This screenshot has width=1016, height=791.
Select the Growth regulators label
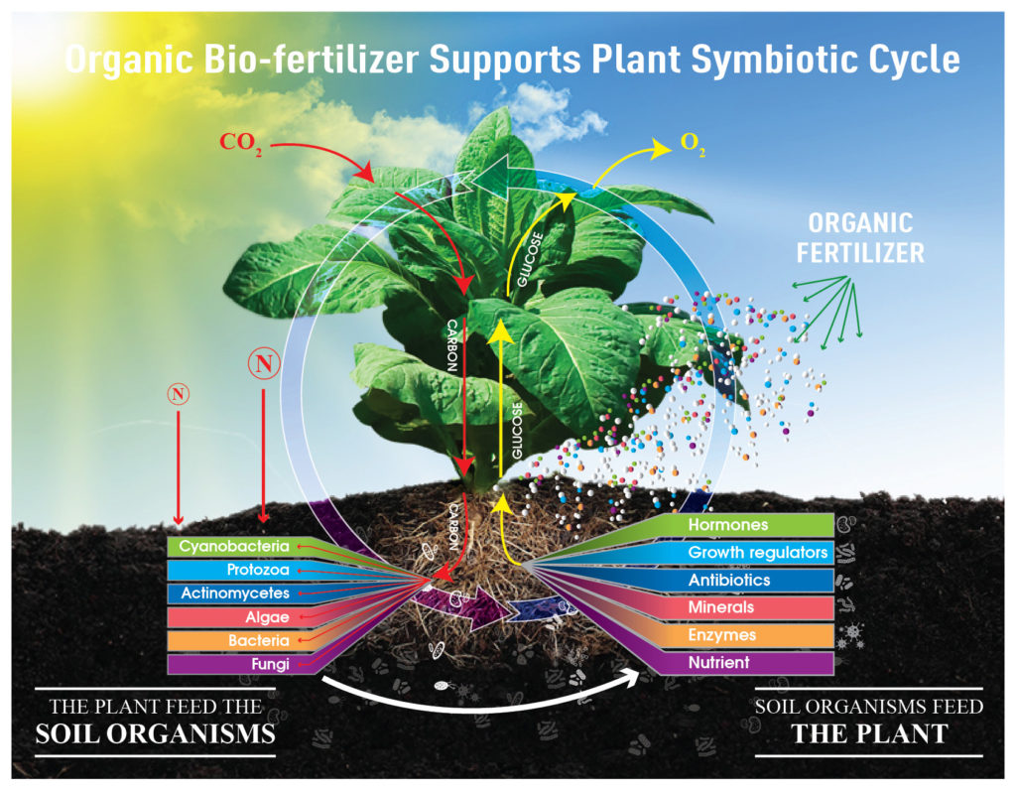758,552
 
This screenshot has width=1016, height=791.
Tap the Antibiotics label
729,580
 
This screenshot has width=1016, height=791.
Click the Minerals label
721,607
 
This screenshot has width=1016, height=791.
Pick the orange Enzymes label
722,635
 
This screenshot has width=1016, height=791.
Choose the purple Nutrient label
720,662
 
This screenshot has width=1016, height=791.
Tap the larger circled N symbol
263,364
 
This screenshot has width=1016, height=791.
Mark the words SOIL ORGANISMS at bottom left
155,735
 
